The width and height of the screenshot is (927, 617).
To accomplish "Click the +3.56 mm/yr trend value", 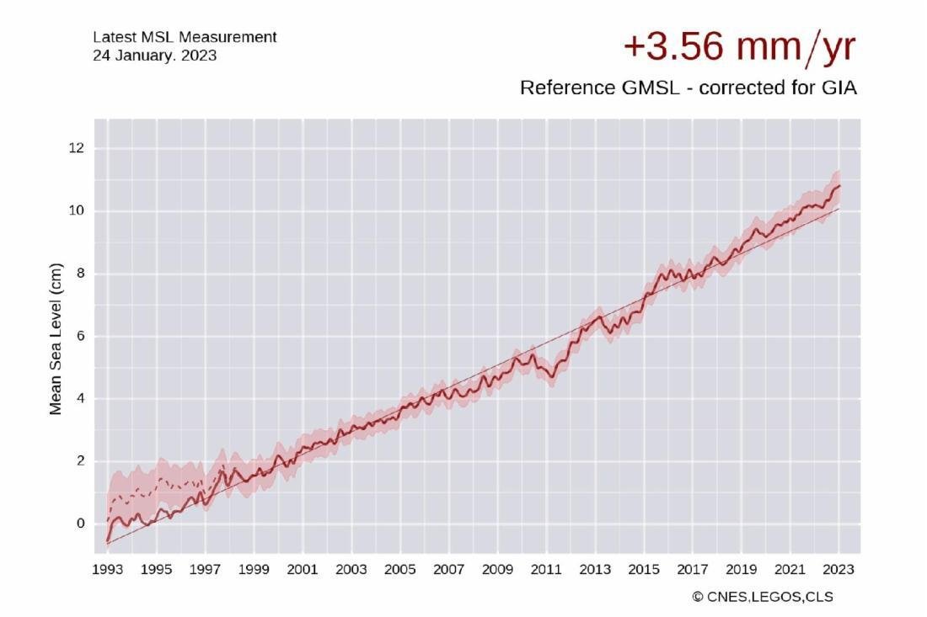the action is coord(740,46).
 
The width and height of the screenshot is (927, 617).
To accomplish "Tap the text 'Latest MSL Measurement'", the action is coord(185,37).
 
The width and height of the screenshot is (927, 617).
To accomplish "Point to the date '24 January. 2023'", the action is coord(155,56).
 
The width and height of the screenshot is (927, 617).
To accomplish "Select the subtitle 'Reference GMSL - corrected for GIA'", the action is coord(689,88).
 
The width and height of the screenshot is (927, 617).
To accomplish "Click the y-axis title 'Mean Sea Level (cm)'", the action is coord(56,339).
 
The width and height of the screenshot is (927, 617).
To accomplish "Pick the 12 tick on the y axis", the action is coord(76,148).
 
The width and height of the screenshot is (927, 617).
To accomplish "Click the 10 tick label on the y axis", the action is coord(76,210).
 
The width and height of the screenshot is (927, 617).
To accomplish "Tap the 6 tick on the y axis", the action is coord(80,336).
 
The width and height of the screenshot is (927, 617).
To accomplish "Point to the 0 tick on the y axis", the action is coord(80,523).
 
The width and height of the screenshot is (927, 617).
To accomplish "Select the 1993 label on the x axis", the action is coord(108,570).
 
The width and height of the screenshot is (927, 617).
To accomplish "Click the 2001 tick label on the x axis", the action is coord(302,570).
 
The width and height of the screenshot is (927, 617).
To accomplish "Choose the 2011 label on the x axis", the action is coord(546,570).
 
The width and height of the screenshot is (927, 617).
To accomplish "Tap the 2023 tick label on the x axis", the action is coord(839,570).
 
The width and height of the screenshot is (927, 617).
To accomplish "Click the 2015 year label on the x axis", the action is coord(644,570).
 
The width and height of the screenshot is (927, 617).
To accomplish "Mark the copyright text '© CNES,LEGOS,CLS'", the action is coord(763,597).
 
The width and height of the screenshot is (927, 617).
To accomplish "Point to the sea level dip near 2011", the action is coord(552,377).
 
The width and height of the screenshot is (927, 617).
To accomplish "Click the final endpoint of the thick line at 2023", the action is coord(839,186).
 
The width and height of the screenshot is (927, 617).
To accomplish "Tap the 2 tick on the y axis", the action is coord(80,460).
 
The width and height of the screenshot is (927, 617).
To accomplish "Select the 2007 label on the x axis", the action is coord(448,570).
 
